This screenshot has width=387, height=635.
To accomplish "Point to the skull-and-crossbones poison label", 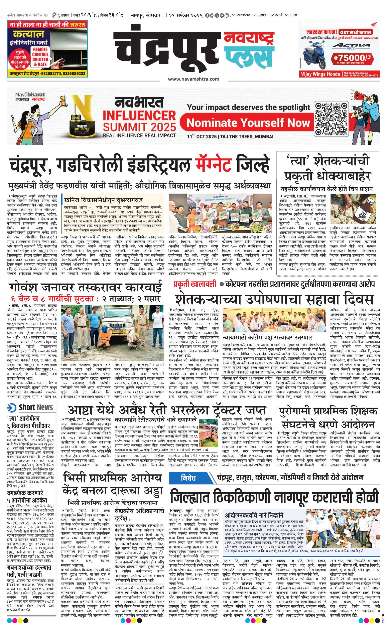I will click(364, 214).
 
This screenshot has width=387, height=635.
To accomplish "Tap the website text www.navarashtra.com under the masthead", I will click(193, 79).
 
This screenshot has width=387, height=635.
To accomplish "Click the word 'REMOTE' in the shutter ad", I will click(40, 49).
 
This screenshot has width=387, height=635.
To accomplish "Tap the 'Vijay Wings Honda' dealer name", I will click(320, 74).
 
